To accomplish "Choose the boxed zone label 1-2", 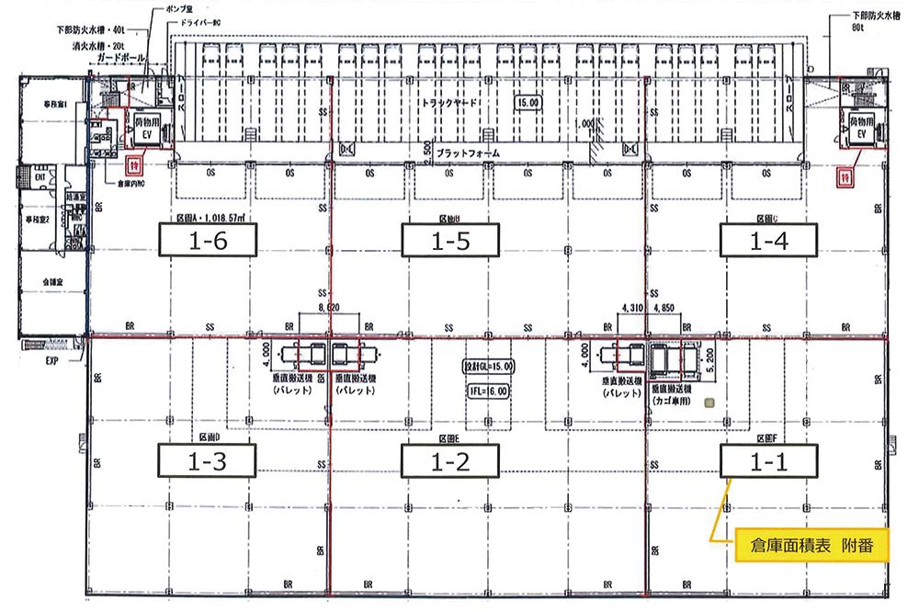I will [450, 460].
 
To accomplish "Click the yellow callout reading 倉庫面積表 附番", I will [803, 544].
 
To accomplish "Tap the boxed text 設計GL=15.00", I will [488, 367].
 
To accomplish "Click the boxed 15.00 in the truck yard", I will [527, 103].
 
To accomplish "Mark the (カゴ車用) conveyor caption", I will [673, 401].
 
